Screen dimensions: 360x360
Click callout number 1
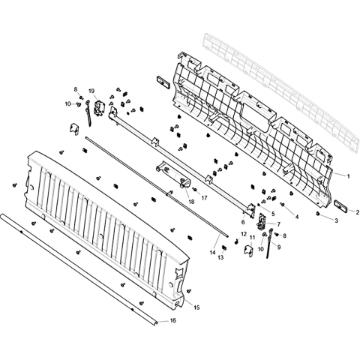(348, 176)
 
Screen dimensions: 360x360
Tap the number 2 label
(358, 212)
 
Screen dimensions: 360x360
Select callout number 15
(196, 307)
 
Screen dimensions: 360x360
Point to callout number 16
(173, 320)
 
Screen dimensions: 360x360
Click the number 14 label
(212, 253)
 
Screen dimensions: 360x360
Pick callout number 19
(91, 91)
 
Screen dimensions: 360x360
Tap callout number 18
(191, 202)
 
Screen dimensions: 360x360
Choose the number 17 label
(204, 198)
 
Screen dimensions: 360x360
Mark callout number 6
(243, 222)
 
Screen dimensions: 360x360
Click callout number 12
(244, 234)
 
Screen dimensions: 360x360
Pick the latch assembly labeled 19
(99, 108)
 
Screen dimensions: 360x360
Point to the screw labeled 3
(318, 214)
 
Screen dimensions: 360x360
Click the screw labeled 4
(283, 205)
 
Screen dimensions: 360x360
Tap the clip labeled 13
(224, 247)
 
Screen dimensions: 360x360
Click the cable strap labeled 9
(270, 244)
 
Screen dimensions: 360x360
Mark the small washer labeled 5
(259, 205)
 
